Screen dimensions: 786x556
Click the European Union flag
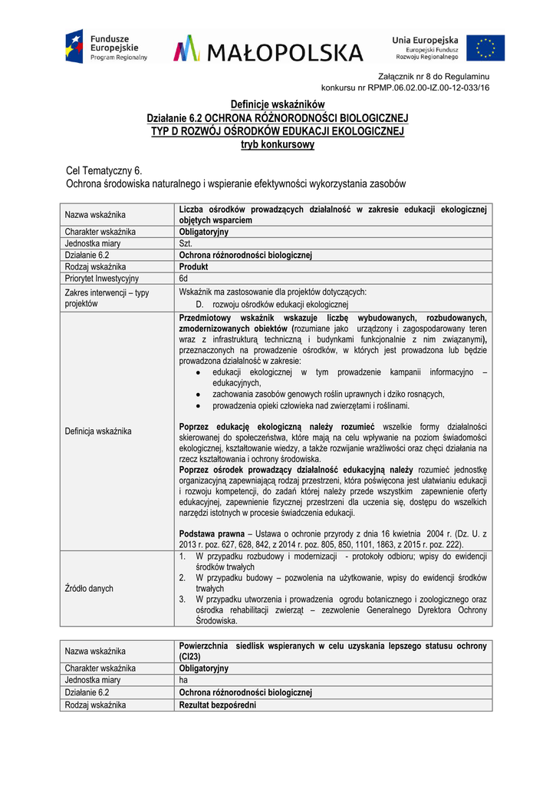pos(485,47)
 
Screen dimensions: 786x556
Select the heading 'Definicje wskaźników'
pos(278,104)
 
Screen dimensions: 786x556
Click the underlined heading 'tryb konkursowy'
pos(278,144)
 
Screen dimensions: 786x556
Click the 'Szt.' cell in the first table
pos(186,243)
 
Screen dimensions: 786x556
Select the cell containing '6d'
pos(184,279)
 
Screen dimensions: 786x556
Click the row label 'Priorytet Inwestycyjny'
pos(102,279)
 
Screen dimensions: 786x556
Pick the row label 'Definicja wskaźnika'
pos(98,431)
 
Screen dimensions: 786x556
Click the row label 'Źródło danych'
pos(89,588)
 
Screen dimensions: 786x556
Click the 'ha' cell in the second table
pos(183,680)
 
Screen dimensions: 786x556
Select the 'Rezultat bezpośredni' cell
pos(218,705)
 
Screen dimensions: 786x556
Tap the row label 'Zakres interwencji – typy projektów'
pos(107,298)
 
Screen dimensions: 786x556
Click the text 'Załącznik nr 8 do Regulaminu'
pos(434,76)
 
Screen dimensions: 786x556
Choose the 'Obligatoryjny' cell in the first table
pos(204,232)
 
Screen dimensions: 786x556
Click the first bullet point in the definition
pos(198,372)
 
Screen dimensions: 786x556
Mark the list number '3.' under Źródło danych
pos(183,599)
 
